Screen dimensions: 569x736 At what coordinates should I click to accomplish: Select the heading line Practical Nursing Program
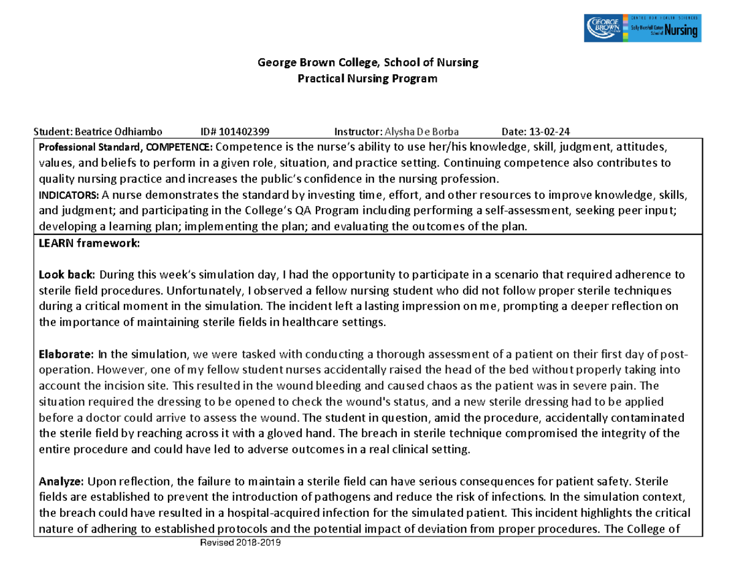click(x=367, y=79)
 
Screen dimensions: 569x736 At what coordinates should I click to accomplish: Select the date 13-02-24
click(x=550, y=131)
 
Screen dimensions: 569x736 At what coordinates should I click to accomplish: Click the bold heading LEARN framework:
click(x=90, y=243)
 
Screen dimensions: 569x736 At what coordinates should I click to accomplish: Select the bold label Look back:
click(x=67, y=274)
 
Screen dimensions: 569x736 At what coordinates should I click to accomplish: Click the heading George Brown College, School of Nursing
click(x=367, y=62)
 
